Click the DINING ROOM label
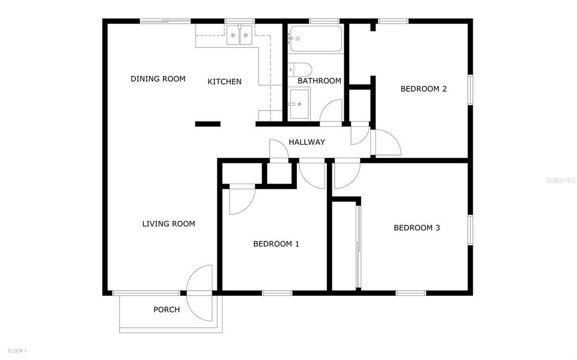tap(158, 79)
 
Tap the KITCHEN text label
tap(224, 82)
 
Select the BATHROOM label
tap(319, 81)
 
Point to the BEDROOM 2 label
tap(423, 88)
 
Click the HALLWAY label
tap(307, 142)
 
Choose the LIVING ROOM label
tap(168, 224)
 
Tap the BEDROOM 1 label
tap(276, 244)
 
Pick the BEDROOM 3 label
tap(416, 228)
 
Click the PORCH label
tap(167, 309)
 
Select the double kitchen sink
tap(241, 35)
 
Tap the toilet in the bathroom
tap(300, 69)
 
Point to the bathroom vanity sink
tap(299, 104)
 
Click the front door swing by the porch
tap(200, 279)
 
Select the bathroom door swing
tap(332, 111)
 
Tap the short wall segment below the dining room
tap(207, 124)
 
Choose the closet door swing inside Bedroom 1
tap(241, 201)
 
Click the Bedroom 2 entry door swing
tap(387, 143)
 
